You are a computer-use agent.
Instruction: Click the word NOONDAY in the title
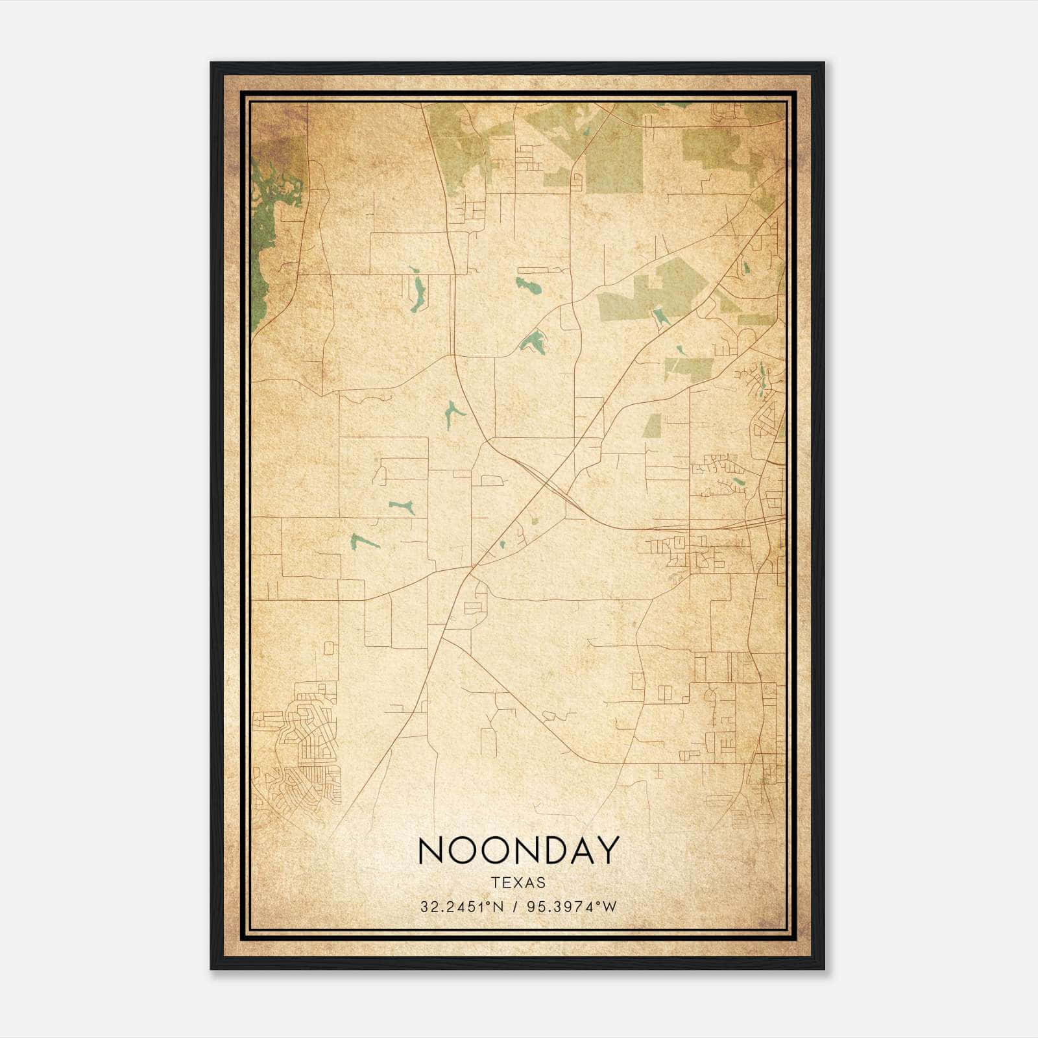(518, 850)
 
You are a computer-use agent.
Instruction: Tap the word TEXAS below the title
(518, 883)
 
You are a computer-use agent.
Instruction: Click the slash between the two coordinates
(515, 907)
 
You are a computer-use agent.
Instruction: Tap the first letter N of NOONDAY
(432, 850)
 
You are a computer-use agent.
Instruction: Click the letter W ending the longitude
(610, 907)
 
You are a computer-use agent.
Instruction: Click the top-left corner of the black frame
(212, 64)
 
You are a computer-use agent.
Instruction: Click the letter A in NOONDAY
(579, 850)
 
